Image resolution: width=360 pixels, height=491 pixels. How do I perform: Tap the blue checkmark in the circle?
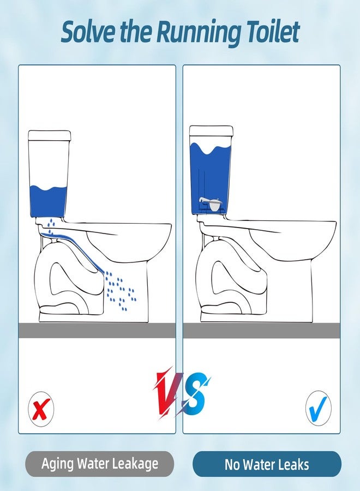[318, 406]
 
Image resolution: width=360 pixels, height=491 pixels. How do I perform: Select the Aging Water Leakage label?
[99, 464]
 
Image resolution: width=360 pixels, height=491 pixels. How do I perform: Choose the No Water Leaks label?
[267, 464]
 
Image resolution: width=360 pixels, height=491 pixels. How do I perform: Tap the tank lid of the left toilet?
[50, 136]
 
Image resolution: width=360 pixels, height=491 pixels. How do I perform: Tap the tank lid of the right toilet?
[211, 131]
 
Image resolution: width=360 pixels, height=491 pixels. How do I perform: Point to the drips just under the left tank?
[50, 225]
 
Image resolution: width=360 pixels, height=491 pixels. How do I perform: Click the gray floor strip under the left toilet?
[97, 330]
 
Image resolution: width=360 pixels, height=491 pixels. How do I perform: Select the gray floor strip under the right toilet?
[261, 330]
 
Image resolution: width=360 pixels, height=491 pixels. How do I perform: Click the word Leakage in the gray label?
[134, 464]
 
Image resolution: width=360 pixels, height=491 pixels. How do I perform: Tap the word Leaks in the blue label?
[291, 464]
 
